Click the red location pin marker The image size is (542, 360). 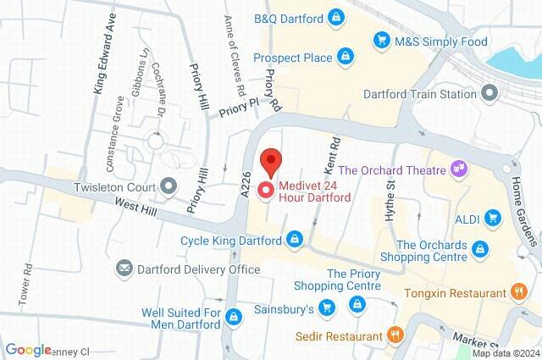click(x=269, y=160)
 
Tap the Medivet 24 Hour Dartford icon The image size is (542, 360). click(x=265, y=191)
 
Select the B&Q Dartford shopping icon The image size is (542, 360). click(x=337, y=16)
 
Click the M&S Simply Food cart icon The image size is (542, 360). click(x=383, y=39)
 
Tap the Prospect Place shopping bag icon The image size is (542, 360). click(x=344, y=57)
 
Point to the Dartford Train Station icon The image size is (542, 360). click(x=489, y=93)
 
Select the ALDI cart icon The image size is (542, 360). click(x=492, y=219)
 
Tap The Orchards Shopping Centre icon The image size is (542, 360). click(x=480, y=248)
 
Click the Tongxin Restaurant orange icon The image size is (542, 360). click(x=519, y=292)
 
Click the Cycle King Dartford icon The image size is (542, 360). click(x=294, y=240)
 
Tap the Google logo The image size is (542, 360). click(x=28, y=350)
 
